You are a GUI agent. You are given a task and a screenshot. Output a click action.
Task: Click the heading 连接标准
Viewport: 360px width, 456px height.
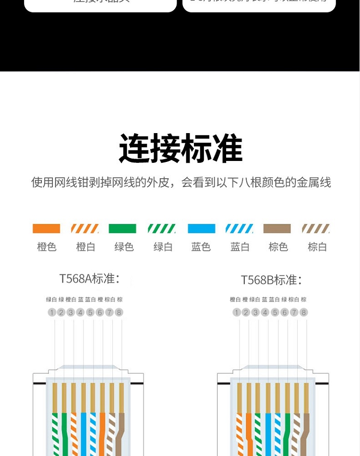click(x=180, y=149)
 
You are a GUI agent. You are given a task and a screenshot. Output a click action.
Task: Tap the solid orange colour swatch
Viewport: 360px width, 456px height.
click(x=46, y=229)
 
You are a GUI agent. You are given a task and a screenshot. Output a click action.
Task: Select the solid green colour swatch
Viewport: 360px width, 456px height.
click(x=122, y=229)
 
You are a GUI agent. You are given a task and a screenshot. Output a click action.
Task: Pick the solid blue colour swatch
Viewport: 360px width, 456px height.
click(x=201, y=229)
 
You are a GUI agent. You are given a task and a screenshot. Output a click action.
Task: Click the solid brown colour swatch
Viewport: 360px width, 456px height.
click(x=277, y=229)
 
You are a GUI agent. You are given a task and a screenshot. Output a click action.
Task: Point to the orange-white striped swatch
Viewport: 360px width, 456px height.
click(x=85, y=229)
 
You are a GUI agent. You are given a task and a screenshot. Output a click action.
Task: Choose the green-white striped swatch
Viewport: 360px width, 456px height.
click(x=162, y=229)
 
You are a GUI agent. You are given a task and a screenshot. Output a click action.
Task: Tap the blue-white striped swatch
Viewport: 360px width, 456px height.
click(x=240, y=229)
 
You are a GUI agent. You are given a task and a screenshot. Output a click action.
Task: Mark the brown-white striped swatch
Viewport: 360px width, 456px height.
click(x=316, y=229)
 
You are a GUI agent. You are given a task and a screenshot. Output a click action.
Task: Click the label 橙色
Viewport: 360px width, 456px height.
click(x=47, y=247)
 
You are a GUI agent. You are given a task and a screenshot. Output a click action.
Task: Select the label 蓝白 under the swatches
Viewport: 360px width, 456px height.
click(x=240, y=247)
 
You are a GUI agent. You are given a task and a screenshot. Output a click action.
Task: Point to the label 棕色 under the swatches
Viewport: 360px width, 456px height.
click(x=278, y=247)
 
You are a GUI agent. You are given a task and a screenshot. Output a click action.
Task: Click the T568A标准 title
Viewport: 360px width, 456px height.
click(x=89, y=279)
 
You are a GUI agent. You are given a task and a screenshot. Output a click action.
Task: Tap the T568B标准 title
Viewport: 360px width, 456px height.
click(x=271, y=280)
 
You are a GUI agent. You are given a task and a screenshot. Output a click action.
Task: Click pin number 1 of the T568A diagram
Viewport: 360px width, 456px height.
click(x=52, y=312)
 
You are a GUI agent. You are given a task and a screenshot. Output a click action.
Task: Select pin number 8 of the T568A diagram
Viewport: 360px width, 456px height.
click(x=119, y=312)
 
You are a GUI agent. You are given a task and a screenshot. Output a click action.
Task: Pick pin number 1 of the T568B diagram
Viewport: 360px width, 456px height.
click(x=236, y=312)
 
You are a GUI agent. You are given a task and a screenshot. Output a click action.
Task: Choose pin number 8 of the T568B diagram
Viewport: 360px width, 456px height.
click(x=303, y=312)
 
